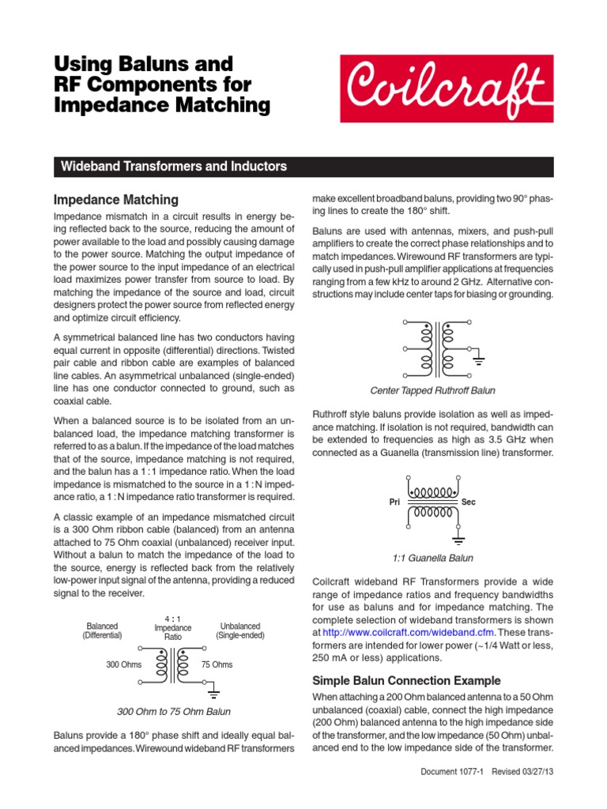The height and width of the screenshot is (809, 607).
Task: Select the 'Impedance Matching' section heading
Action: pos(115,200)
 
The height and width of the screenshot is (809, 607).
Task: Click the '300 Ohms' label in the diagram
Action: pos(123,664)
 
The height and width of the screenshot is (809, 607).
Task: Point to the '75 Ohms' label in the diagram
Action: pos(217,664)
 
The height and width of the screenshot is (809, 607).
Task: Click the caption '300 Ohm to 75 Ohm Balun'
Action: pos(173,711)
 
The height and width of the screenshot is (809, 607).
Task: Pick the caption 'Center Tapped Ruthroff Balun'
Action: pos(432,390)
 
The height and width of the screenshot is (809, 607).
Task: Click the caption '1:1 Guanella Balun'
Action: pos(432,558)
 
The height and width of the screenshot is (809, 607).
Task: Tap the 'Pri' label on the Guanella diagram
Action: pos(396,502)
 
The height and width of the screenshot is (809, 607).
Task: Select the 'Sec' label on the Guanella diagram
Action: pos(469,502)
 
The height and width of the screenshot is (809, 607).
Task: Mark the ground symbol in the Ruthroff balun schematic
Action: pos(477,363)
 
